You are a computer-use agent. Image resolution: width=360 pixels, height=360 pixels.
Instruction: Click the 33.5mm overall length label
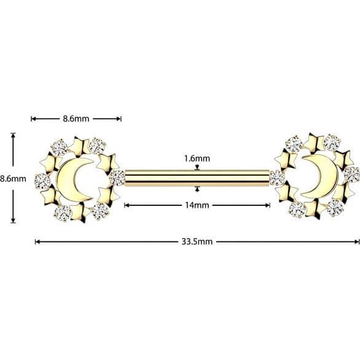(x=197, y=242)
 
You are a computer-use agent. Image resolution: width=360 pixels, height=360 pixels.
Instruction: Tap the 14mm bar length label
(x=197, y=205)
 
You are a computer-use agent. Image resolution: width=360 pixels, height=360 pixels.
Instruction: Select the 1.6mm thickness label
(x=197, y=158)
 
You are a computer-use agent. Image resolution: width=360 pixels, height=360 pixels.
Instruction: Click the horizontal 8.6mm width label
(x=76, y=119)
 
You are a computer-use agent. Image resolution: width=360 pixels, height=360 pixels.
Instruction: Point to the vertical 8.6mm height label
(x=13, y=179)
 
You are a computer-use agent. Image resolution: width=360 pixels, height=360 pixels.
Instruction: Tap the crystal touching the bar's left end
(x=117, y=178)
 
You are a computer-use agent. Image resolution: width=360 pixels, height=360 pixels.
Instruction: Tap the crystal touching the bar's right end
(x=277, y=178)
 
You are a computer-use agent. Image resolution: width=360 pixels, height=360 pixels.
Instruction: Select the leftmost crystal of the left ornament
(x=43, y=182)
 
